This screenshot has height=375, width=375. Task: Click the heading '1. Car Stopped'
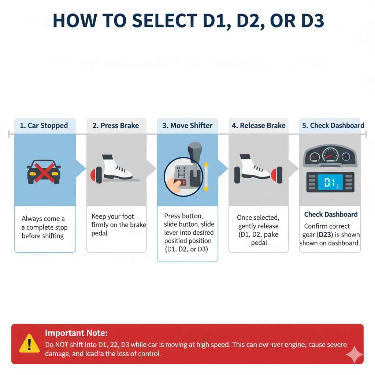click(44, 126)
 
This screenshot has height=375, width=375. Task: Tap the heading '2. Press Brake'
click(116, 126)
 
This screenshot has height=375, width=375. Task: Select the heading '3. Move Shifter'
click(187, 126)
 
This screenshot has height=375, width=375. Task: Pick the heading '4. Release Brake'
click(259, 126)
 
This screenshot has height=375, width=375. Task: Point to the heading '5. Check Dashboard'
click(333, 126)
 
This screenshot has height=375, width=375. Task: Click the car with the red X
click(44, 171)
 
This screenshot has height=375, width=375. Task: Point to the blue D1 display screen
click(330, 182)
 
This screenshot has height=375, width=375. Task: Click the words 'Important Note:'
click(76, 333)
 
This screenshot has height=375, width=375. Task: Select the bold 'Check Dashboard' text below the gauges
click(331, 215)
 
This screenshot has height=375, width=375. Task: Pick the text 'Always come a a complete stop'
click(44, 223)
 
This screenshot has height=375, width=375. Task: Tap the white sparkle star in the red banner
click(354, 354)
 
